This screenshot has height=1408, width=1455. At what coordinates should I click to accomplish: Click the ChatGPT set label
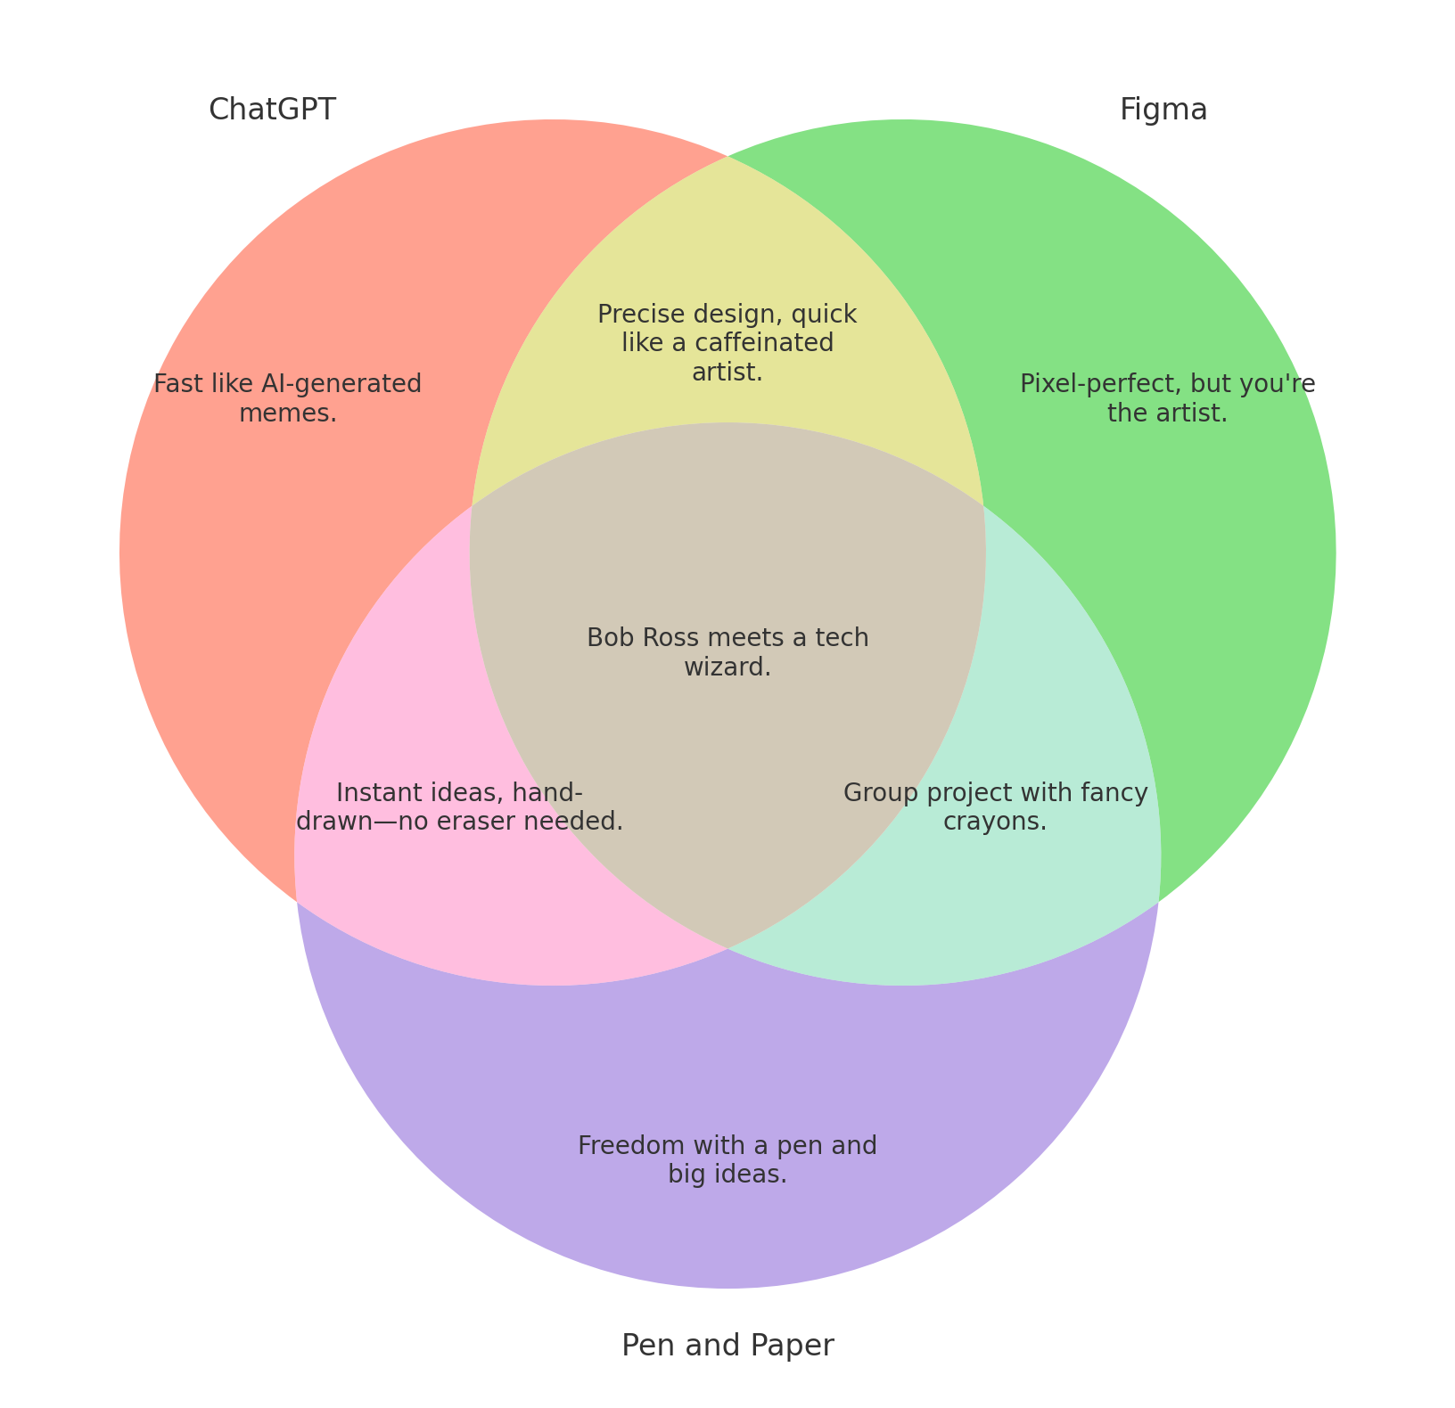coord(272,110)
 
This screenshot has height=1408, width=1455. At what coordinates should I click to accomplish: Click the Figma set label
coord(1163,110)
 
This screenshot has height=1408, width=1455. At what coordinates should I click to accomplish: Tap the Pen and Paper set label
coord(727,1345)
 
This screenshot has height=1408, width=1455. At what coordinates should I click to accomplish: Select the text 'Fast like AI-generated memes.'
coord(287,398)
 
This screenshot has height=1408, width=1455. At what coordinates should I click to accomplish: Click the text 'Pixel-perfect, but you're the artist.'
coord(1167,398)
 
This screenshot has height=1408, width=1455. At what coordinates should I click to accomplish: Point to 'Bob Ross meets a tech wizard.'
coord(727,651)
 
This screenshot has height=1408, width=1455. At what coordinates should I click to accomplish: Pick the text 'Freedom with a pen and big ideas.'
coord(727,1159)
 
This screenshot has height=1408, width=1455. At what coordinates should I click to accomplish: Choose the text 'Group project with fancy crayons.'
coord(995,806)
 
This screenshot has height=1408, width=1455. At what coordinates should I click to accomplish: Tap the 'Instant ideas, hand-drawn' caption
coord(459,806)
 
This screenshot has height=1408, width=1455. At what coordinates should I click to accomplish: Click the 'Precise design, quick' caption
coord(727,343)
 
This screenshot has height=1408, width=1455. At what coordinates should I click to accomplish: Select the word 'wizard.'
coord(727,667)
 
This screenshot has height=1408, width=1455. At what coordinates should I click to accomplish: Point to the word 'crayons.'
coord(995,822)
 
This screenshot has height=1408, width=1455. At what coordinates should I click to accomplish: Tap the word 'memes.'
coord(288,413)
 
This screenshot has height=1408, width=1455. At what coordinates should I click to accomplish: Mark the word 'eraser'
coord(504,822)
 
